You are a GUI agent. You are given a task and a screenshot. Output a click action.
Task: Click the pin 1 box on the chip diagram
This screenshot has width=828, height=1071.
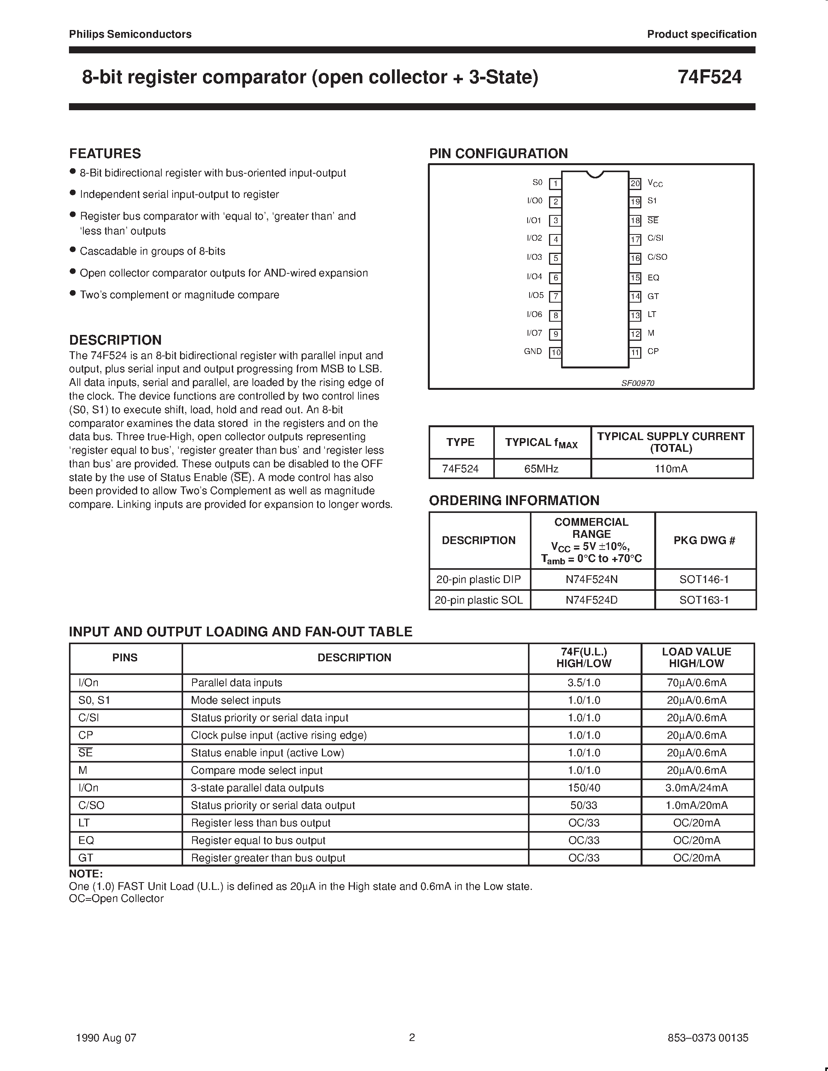pos(555,184)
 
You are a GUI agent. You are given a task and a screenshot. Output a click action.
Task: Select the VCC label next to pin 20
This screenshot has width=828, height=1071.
pos(655,183)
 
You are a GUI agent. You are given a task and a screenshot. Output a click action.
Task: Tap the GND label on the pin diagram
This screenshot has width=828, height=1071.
pos(533,352)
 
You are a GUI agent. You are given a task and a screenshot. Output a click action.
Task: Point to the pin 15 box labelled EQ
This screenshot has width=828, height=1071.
pos(635,278)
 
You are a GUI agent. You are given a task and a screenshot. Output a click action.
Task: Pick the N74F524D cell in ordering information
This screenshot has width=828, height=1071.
pos(591,600)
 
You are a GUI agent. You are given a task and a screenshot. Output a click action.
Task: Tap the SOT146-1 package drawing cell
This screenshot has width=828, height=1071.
pos(704,579)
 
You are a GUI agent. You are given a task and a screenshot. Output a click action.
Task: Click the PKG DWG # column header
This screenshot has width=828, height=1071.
pos(704,541)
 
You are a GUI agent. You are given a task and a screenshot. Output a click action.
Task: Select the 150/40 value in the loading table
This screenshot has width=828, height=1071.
pos(584,788)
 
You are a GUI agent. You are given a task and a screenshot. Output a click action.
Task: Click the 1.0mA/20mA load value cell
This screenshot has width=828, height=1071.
pos(697,806)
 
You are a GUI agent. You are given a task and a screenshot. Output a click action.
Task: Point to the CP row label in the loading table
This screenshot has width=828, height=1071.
pos(86,735)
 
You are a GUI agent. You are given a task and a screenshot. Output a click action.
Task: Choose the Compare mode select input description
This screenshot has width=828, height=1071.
pos(256,770)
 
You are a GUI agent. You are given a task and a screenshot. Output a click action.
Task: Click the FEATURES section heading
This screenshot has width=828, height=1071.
pos(105,153)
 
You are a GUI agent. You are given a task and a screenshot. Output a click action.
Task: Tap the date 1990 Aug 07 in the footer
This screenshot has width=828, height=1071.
pos(106,1038)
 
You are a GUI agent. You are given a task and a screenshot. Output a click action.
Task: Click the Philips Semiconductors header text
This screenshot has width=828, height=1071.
pos(130,34)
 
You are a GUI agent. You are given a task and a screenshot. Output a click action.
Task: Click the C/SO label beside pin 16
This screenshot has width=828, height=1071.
pos(657,257)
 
